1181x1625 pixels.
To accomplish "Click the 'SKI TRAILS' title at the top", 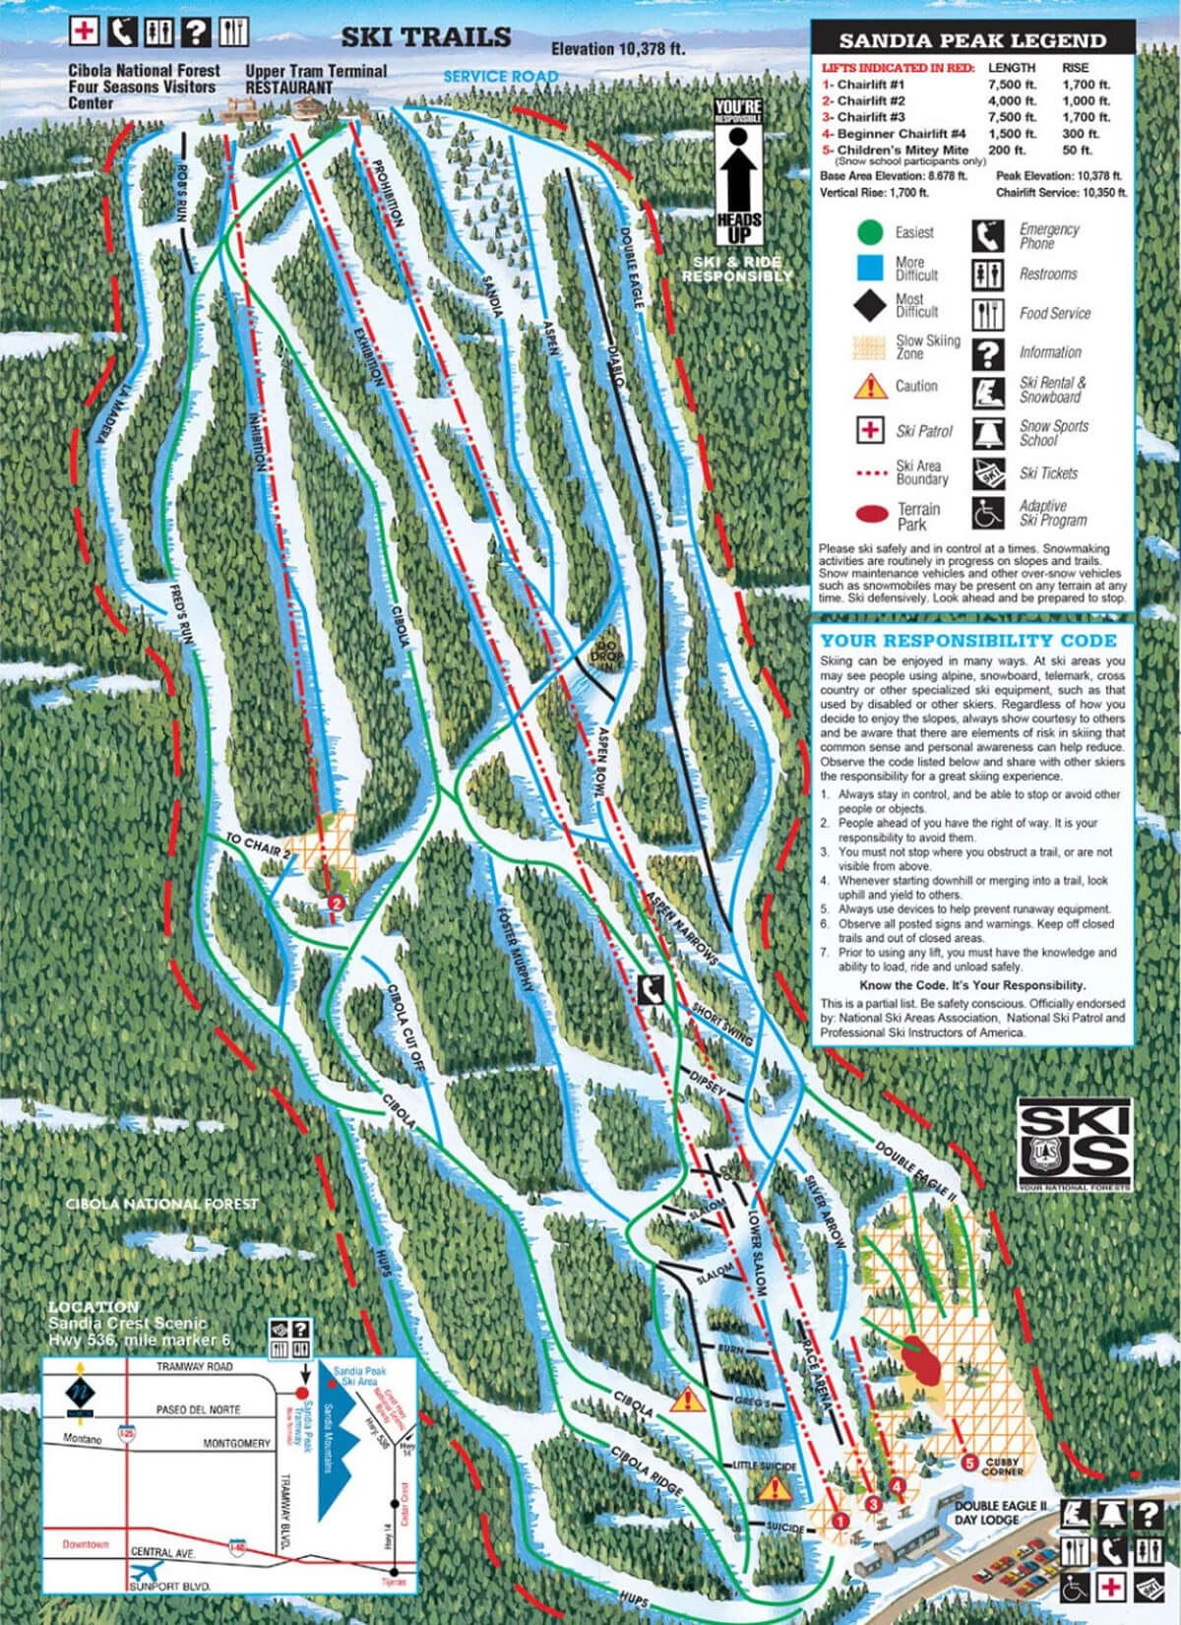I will click(425, 37).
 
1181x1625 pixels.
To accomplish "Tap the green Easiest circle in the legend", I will click(870, 232).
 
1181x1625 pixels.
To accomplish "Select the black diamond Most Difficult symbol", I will click(870, 305).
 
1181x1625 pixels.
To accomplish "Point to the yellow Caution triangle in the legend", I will click(870, 386).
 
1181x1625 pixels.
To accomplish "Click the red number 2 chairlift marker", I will click(337, 901).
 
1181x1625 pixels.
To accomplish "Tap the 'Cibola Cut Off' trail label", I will click(404, 1029).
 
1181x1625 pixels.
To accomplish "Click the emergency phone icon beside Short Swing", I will click(650, 989).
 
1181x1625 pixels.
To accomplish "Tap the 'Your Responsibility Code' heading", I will click(968, 640).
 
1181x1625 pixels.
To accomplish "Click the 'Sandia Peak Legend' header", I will click(971, 41).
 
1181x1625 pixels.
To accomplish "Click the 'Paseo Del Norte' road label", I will click(198, 1410).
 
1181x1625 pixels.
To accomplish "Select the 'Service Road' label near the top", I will click(500, 76).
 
